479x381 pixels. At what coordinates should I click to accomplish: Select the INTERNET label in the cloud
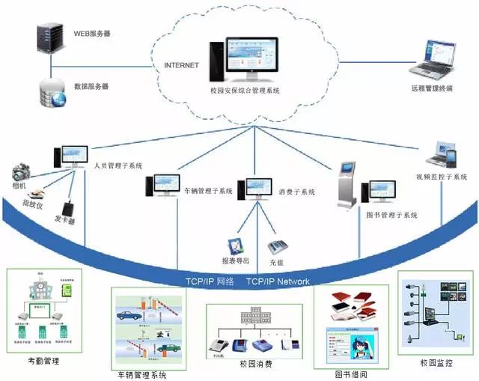click(181, 65)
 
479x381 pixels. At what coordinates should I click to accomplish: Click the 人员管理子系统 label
click(118, 165)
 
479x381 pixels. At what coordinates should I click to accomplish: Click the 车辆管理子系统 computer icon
click(162, 185)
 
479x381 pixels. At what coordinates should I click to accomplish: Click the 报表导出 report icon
click(237, 246)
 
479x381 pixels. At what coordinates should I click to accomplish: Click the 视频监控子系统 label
click(442, 177)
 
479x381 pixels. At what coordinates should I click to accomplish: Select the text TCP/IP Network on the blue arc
click(278, 281)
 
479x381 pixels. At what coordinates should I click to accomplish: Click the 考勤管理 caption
click(43, 362)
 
